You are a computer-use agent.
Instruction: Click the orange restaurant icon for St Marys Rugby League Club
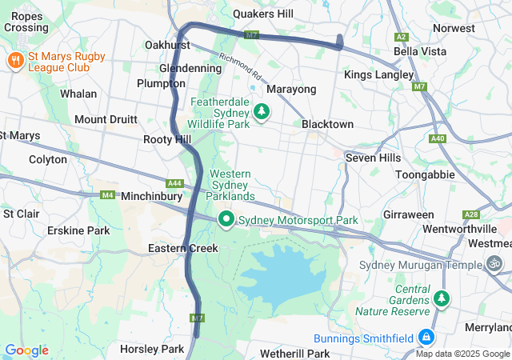15,61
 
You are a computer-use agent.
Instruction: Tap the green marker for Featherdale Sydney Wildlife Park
261,114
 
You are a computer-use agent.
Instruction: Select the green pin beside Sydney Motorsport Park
226,219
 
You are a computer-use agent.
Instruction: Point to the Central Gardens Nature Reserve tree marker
441,299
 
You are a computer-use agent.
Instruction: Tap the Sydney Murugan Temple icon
496,263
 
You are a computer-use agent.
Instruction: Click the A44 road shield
175,183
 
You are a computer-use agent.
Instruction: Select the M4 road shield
108,195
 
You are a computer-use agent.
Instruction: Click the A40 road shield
437,138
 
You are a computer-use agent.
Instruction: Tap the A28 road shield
471,215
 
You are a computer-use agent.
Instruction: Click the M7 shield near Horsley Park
198,318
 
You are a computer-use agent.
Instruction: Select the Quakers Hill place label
263,14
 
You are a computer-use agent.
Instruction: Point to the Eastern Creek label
183,249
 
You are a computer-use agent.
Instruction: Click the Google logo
26,350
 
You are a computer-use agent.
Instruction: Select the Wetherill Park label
295,353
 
